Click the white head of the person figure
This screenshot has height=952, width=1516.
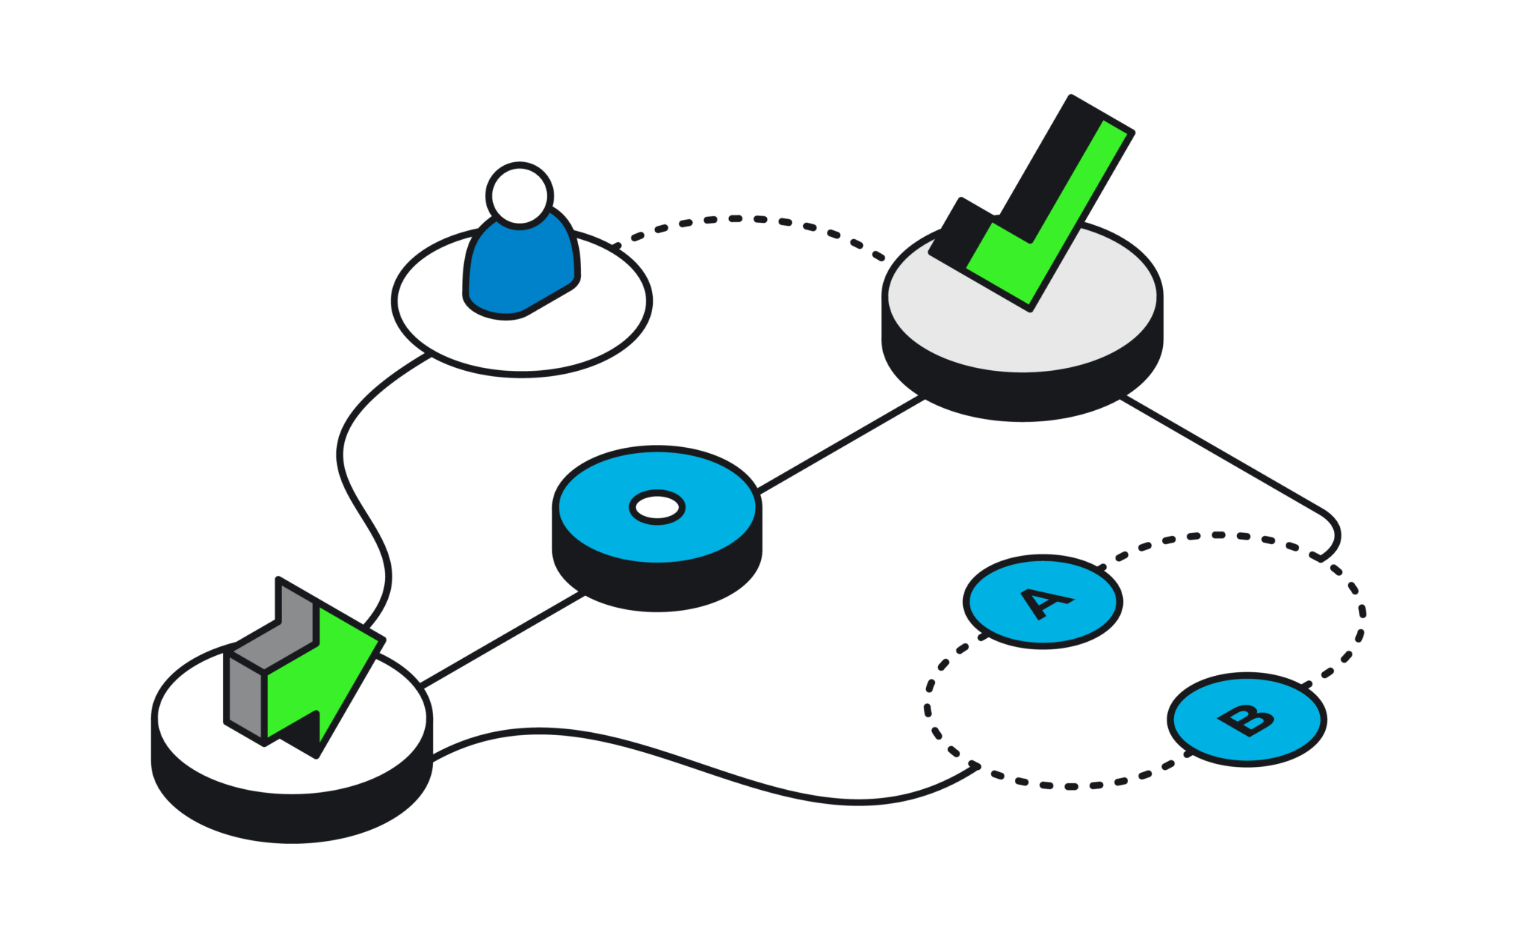tap(520, 196)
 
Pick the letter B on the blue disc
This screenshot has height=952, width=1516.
tap(1247, 719)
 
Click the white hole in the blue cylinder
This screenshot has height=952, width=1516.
tap(657, 508)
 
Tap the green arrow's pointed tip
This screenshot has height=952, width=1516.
tap(382, 640)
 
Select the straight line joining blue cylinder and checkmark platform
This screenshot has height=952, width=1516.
tap(842, 444)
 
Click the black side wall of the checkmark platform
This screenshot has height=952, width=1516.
tap(1022, 396)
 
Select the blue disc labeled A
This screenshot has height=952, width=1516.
tap(1043, 602)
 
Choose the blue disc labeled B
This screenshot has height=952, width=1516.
tap(1247, 720)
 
